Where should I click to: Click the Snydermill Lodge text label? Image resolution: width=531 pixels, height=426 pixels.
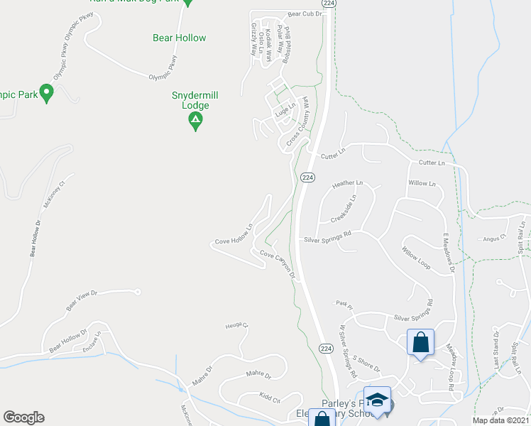click(190, 100)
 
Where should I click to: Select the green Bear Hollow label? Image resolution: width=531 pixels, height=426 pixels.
click(180, 38)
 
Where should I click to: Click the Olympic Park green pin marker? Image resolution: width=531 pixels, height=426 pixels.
click(47, 92)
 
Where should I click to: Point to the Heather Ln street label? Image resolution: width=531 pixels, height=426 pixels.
click(347, 183)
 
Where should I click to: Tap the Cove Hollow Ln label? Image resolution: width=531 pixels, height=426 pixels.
click(234, 236)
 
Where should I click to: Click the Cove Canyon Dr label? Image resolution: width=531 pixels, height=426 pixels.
click(277, 264)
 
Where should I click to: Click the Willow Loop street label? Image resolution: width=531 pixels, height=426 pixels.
click(416, 261)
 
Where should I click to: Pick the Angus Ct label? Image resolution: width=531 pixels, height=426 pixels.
click(492, 239)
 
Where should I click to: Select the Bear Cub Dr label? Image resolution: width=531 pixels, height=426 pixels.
click(305, 13)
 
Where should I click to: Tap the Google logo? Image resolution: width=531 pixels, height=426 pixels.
click(23, 417)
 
